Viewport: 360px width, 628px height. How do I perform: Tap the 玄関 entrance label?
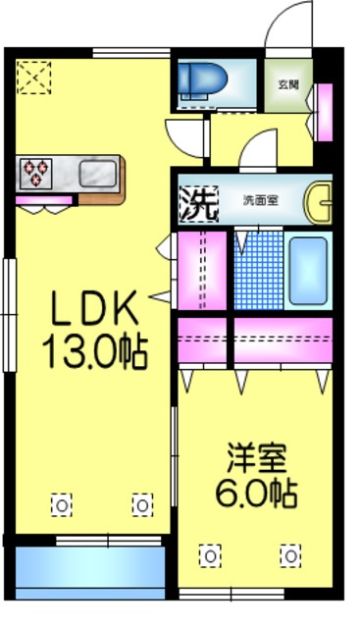click(287, 84)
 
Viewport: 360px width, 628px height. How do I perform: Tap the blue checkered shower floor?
click(258, 270)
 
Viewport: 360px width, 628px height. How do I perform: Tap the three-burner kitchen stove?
click(36, 173)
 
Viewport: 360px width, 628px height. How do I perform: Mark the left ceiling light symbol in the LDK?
click(62, 504)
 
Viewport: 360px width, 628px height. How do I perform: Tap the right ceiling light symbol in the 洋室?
click(289, 555)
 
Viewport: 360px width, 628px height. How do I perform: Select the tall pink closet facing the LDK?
click(202, 270)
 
